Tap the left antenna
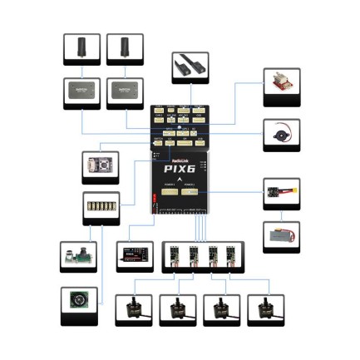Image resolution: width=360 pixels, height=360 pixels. click(81, 47)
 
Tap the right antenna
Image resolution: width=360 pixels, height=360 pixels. click(125, 47)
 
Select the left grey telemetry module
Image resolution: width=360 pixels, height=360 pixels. click(81, 92)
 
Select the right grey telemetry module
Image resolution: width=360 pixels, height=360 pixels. click(125, 92)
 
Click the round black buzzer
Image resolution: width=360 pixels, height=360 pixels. click(280, 133)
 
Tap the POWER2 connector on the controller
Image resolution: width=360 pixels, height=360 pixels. click(190, 190)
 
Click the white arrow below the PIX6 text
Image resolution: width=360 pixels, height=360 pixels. click(180, 180)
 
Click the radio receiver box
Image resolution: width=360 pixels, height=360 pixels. click(134, 254)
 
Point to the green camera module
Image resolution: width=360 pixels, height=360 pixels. click(79, 256)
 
